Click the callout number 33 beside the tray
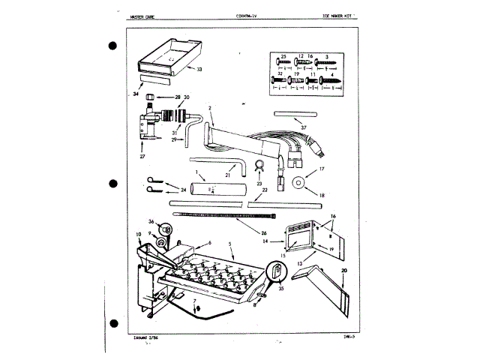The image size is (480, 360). click(199, 68)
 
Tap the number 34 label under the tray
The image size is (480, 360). click(135, 94)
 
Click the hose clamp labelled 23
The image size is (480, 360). click(259, 166)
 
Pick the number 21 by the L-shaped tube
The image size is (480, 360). click(226, 174)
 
